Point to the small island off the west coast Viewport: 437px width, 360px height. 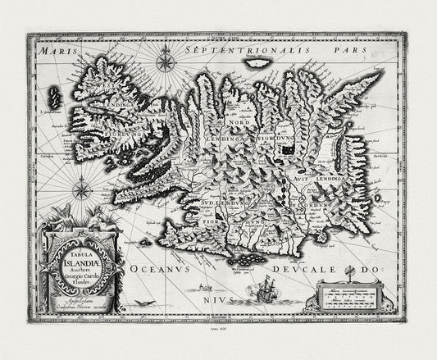click(55, 98)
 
